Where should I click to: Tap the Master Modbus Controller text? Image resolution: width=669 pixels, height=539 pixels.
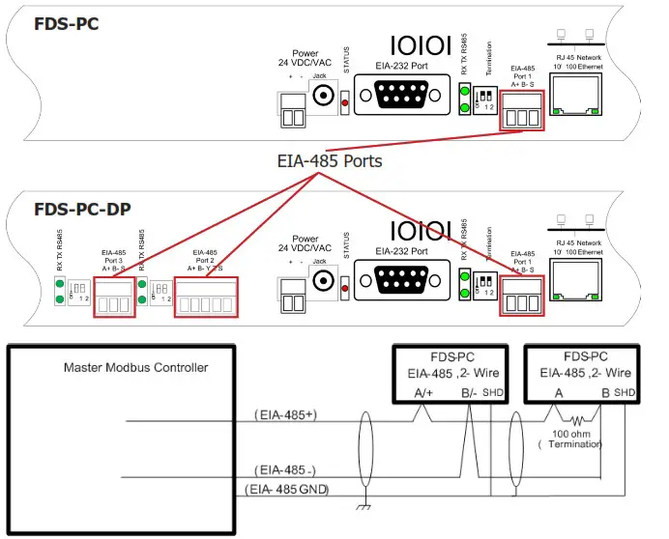tap(135, 367)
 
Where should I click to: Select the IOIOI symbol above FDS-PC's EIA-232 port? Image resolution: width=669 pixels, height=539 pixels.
tap(420, 45)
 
